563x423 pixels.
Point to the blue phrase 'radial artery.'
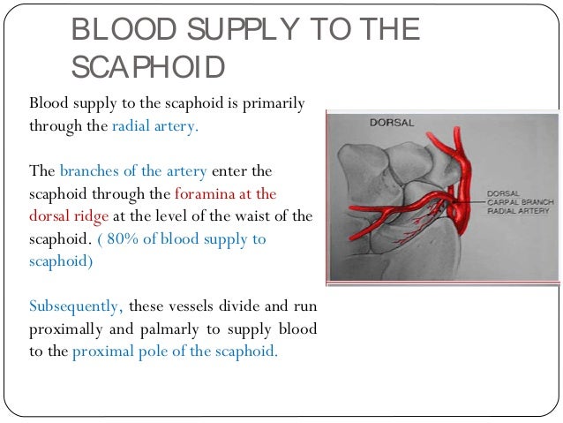(x=155, y=125)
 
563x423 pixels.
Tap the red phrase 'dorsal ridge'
(x=66, y=215)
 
